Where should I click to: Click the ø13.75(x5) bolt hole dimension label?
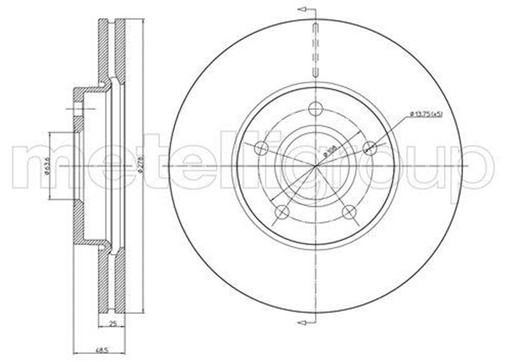(x=426, y=115)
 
